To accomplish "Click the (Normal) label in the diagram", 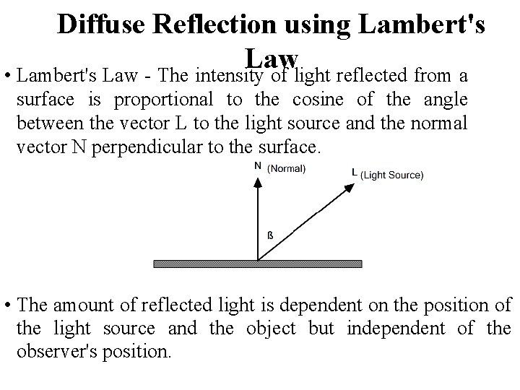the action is click(x=287, y=169).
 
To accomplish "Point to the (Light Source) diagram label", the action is click(x=391, y=175).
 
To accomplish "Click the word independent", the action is click(x=391, y=328).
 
